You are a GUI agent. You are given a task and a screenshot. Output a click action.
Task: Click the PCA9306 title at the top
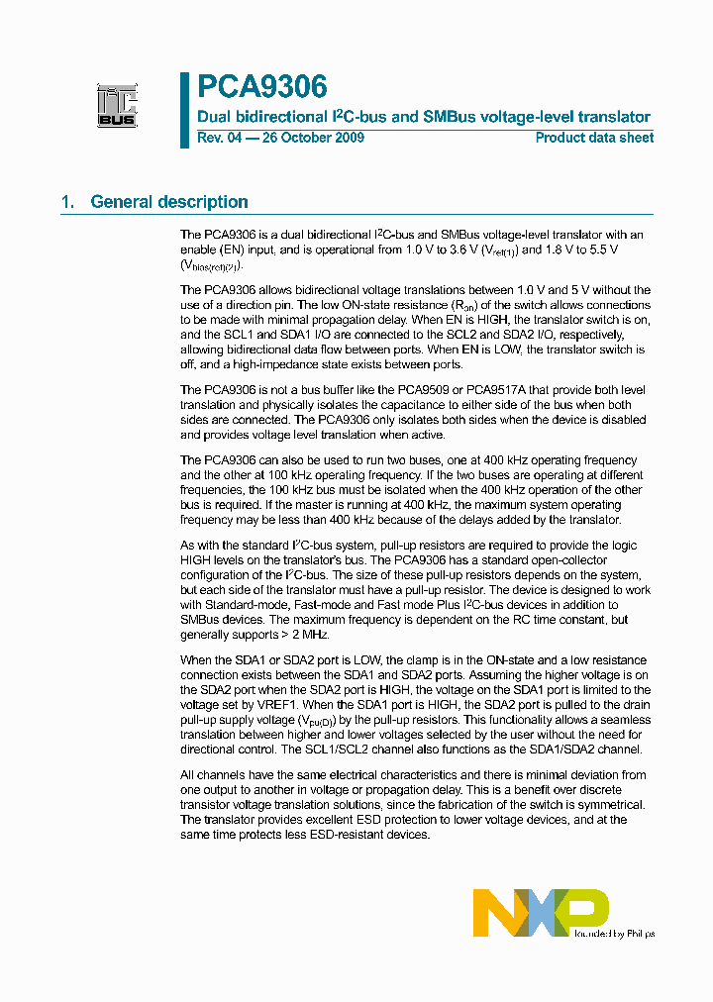pos(261,87)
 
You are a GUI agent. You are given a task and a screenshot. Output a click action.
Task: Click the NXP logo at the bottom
pos(540,912)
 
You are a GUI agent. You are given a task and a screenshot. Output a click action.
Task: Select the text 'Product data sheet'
pos(594,138)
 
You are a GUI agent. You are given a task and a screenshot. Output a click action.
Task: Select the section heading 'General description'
pos(169,202)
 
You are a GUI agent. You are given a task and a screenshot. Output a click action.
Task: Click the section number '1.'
pos(68,202)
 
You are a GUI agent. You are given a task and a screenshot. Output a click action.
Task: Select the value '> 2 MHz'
pos(304,635)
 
